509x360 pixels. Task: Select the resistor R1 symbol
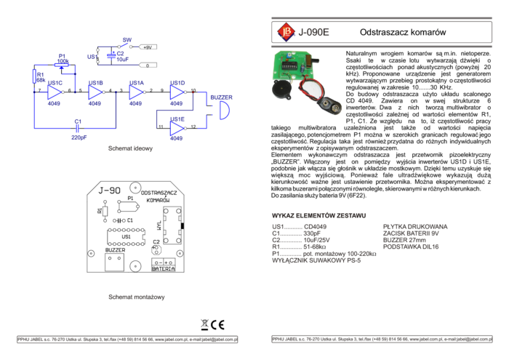click(35, 76)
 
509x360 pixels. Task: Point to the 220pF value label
click(79, 137)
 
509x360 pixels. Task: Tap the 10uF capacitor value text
click(122, 60)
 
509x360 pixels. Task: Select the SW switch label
click(127, 39)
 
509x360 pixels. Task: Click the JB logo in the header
click(286, 31)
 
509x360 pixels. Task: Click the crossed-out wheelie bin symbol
click(204, 325)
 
